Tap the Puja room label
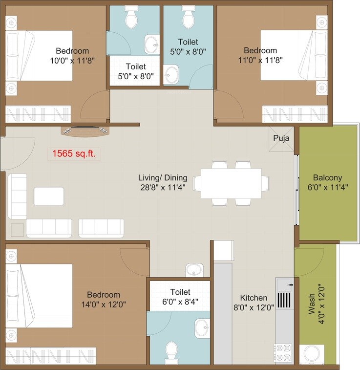(x=281, y=138)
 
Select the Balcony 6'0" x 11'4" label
(x=327, y=182)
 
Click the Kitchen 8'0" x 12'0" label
(x=254, y=303)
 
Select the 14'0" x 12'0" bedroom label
(x=104, y=299)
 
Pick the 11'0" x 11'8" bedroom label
(x=260, y=55)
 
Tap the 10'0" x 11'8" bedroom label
(x=72, y=55)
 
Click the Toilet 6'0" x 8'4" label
(x=179, y=297)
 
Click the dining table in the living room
(x=231, y=183)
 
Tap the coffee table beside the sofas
(x=48, y=196)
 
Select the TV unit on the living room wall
(x=84, y=130)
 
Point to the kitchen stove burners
(x=284, y=350)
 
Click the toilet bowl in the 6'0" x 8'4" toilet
(x=171, y=350)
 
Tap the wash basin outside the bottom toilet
(x=194, y=270)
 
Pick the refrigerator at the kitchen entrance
(x=224, y=250)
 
